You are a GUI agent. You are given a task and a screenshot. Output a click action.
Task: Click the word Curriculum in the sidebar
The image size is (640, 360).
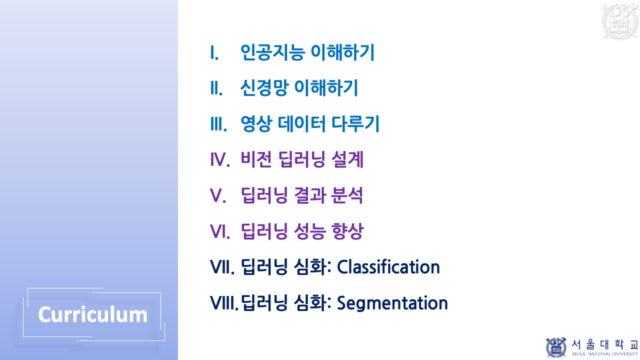(93, 315)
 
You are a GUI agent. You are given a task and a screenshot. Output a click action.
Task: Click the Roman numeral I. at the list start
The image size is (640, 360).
(214, 52)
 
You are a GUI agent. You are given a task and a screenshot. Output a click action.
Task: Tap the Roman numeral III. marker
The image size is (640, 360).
(218, 124)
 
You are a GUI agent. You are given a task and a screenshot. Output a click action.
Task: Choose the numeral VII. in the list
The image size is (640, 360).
(222, 267)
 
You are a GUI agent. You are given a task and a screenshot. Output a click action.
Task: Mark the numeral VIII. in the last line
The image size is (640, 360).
(224, 303)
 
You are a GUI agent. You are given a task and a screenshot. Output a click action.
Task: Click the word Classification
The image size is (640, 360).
(388, 267)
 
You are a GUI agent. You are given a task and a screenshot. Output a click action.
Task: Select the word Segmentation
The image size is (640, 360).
(392, 303)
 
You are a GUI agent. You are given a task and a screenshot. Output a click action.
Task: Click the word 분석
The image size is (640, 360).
(347, 196)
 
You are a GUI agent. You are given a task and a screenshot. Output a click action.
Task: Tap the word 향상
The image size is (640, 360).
(347, 231)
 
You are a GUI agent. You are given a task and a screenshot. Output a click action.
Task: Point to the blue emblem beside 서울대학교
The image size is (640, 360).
(556, 347)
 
